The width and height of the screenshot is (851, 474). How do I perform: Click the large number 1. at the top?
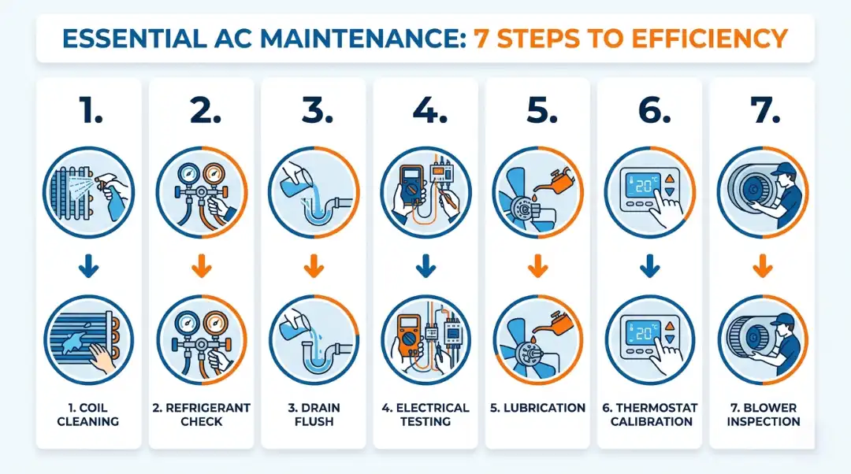click(90, 112)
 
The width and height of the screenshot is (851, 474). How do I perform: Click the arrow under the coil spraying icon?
click(89, 268)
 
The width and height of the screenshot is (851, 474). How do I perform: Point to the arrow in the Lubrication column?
click(537, 268)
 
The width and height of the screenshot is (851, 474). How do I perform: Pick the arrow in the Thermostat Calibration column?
click(650, 268)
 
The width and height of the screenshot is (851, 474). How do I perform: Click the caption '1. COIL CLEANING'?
click(89, 414)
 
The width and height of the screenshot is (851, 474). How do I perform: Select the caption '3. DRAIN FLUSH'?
click(314, 414)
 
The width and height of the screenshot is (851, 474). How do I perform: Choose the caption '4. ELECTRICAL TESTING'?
click(425, 414)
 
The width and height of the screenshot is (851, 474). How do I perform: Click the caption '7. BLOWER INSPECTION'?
click(763, 414)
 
